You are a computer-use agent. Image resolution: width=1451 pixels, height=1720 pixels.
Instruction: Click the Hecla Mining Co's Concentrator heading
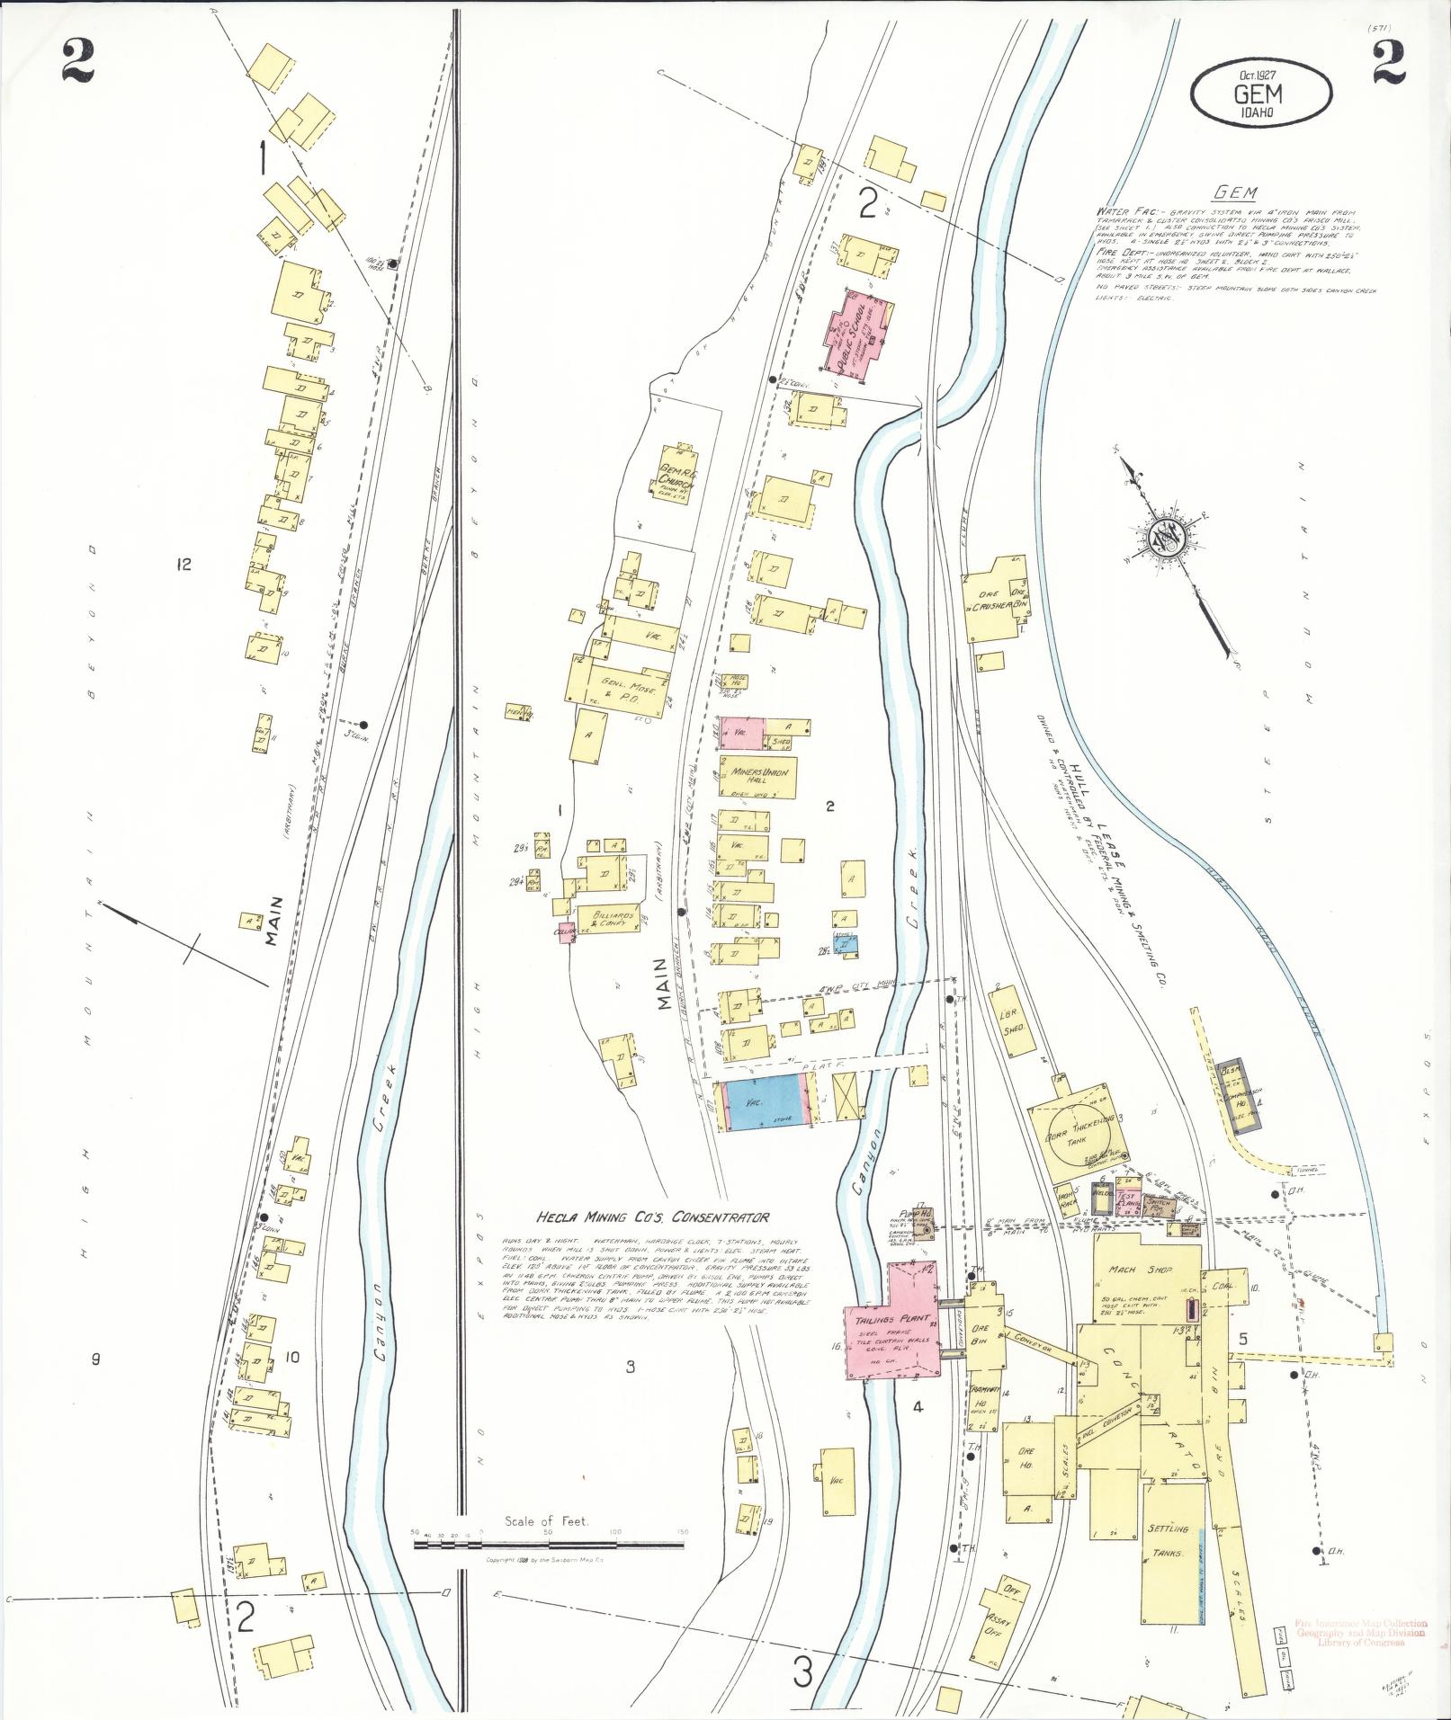point(652,1217)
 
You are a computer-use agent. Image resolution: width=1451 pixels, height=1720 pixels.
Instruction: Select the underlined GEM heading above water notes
point(1232,192)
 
